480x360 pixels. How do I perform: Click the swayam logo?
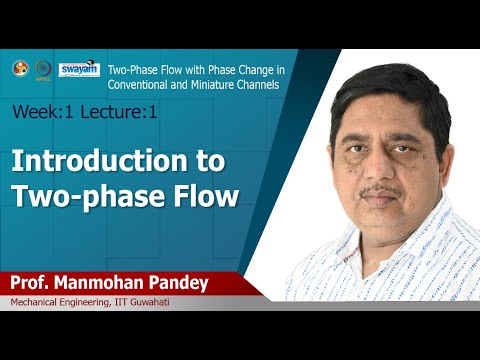pos(79,69)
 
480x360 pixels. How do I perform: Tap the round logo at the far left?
pos(18,68)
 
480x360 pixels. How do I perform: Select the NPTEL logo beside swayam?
pos(42,69)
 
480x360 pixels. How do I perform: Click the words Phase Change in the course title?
pos(222,68)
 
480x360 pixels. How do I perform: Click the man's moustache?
pos(382,189)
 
